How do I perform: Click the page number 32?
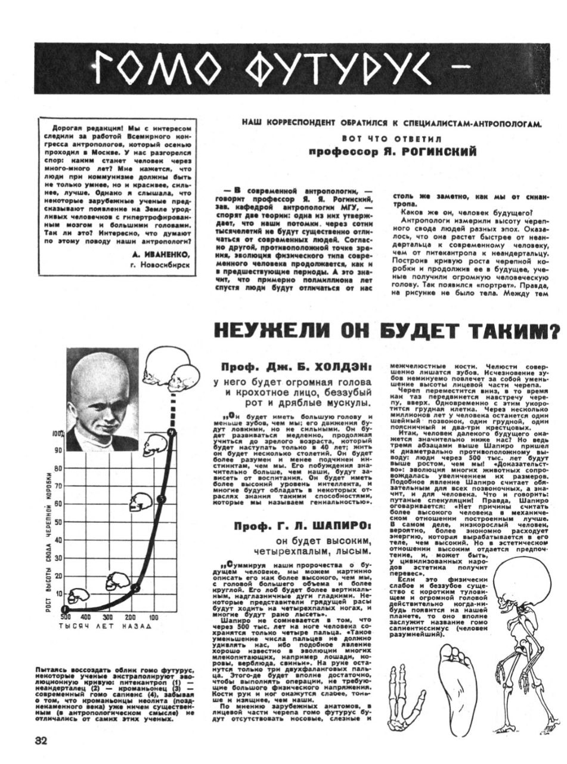point(41,740)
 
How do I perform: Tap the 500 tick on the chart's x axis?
point(66,617)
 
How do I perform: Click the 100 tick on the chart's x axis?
point(153,617)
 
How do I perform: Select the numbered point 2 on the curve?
point(135,588)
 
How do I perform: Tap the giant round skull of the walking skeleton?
point(525,584)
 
